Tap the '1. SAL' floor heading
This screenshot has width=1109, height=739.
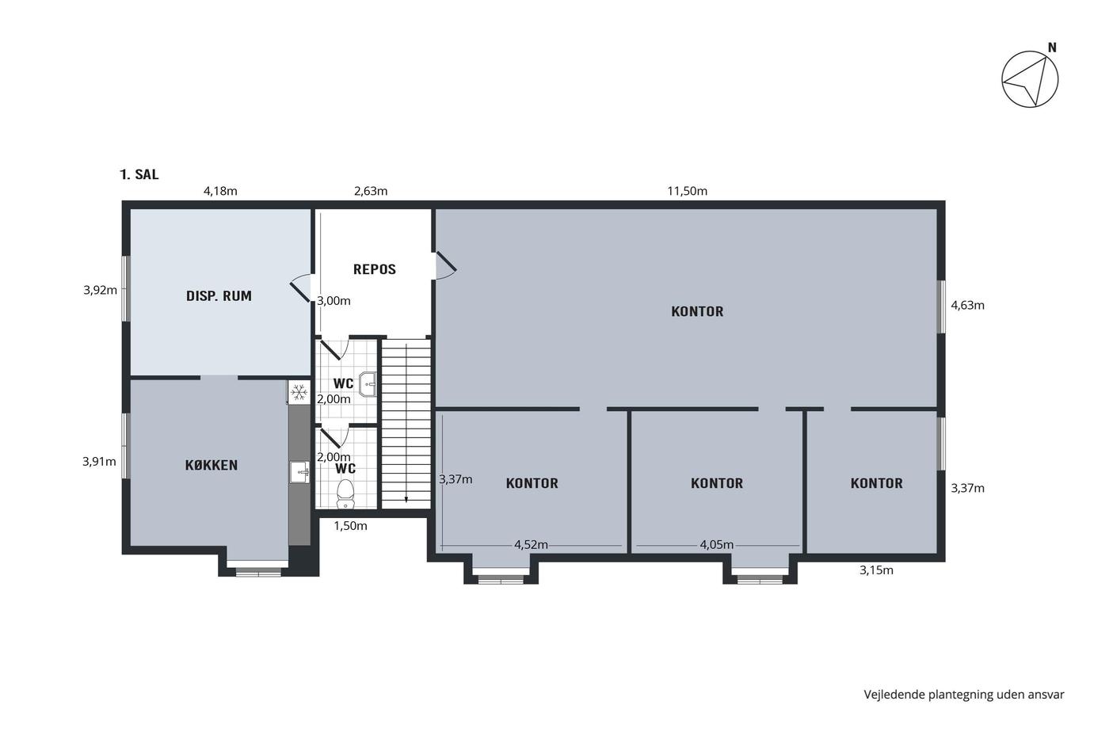coord(139,175)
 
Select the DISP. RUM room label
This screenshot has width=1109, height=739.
coord(219,296)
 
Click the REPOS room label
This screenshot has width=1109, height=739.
coord(374,269)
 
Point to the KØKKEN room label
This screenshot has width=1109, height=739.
coord(212,465)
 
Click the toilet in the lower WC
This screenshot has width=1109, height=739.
coord(345,493)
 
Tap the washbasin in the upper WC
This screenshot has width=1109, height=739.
coord(368,383)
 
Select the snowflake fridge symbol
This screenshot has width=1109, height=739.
coord(299,393)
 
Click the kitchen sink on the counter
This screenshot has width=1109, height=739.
coord(299,472)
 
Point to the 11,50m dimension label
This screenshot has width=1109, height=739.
coord(688,191)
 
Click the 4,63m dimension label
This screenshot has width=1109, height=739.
coord(967,306)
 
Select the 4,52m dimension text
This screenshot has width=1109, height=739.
coord(531,545)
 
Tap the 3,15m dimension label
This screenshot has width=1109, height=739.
coord(876,570)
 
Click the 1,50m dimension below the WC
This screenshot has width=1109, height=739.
coord(350,526)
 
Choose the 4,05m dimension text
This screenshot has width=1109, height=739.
coord(716,545)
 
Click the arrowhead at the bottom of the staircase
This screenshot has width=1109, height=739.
coord(406,500)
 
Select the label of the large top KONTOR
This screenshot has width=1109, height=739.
coord(697,311)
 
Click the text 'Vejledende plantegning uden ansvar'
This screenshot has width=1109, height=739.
coord(964,695)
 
